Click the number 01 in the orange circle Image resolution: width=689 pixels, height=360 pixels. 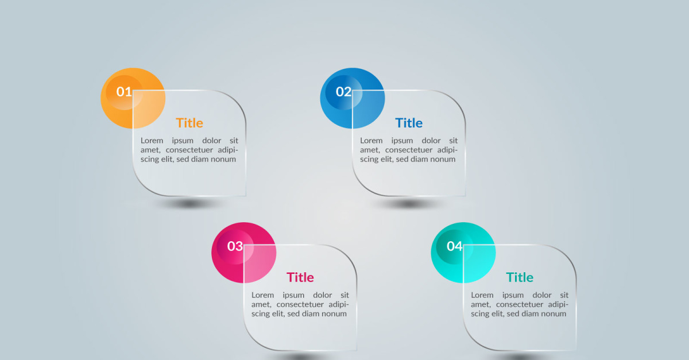coord(124,92)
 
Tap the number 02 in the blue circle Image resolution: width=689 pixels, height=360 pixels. coord(343,92)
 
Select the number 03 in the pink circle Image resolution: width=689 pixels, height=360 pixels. coord(235,246)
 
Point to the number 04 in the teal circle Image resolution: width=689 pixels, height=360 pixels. coord(455,246)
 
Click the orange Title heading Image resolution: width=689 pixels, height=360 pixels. coord(189,123)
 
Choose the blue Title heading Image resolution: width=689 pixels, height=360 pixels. coord(409,123)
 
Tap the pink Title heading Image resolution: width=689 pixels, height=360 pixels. coord(300,277)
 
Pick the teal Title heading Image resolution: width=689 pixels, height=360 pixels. coord(520,277)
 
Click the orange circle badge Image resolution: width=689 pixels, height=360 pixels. coord(133,98)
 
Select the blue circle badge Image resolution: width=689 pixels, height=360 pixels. coord(353,98)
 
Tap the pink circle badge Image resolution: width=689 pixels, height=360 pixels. coord(243,253)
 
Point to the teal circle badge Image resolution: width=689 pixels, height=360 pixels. coord(463,253)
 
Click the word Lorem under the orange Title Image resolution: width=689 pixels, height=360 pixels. coord(152,141)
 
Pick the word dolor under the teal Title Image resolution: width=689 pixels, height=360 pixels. coord(542,295)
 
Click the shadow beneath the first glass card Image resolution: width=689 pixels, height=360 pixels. coord(190,203)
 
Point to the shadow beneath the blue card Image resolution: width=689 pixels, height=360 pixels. coord(409,203)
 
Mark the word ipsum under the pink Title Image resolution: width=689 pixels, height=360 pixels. coord(293,295)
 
